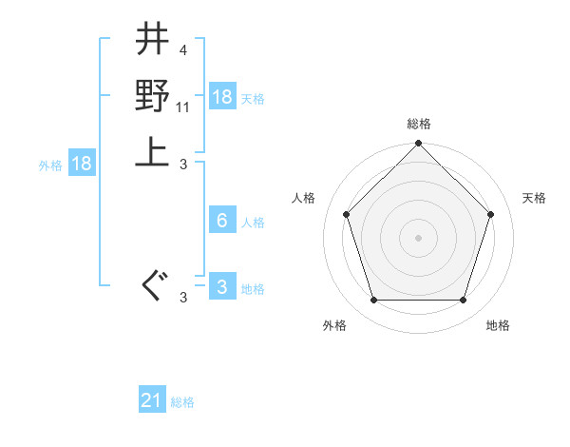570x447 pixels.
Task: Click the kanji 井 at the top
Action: [x=153, y=41]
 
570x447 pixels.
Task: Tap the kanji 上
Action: [x=153, y=149]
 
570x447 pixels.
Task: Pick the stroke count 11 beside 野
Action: [x=184, y=107]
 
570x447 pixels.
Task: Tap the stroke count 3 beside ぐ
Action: [x=182, y=299]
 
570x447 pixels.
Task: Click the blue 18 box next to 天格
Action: [x=222, y=97]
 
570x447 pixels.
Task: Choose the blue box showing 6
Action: [x=222, y=221]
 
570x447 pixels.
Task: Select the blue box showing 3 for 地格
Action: [x=222, y=287]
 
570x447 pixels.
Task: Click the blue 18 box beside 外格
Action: [x=82, y=164]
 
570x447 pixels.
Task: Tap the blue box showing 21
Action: [x=152, y=400]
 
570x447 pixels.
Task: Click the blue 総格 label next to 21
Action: [x=182, y=402]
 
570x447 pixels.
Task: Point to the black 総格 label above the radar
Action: [x=418, y=125]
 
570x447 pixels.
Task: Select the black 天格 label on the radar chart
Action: [x=534, y=198]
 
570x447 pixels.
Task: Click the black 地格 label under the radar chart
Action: [x=498, y=326]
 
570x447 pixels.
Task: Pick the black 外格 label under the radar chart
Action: [x=334, y=326]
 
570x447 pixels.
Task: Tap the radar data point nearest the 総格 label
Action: [x=418, y=145]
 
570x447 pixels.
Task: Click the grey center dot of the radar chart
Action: [x=418, y=237]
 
